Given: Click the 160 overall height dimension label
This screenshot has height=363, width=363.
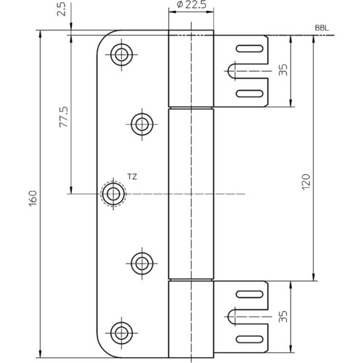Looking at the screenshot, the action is click(x=33, y=198).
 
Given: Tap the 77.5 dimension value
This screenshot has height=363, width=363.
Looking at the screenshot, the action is click(x=64, y=117).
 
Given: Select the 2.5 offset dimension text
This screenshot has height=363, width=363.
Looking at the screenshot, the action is click(x=61, y=9).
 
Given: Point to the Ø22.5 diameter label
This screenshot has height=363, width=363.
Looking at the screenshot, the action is click(x=192, y=4).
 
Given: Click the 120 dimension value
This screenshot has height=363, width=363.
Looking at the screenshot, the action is click(x=306, y=181).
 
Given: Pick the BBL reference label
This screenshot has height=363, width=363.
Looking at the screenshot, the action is click(x=322, y=28).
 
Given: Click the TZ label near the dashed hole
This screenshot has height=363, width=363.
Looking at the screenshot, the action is click(x=132, y=177).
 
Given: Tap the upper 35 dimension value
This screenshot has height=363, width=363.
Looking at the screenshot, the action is click(x=283, y=70).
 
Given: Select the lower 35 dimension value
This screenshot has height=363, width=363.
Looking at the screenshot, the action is click(x=283, y=317).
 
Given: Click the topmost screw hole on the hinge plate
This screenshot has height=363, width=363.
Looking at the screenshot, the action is click(x=121, y=54).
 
